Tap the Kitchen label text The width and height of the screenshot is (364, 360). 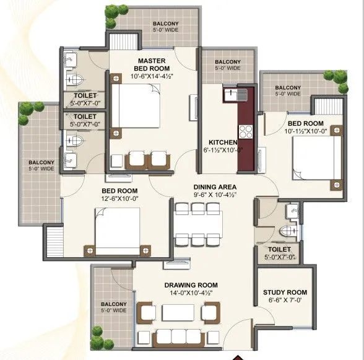219,141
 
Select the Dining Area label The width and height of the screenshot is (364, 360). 215,186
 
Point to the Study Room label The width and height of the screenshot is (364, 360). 285,292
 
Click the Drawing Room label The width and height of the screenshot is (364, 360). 191,285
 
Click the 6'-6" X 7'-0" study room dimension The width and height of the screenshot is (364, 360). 285,301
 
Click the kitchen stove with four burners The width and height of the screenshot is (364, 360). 246,131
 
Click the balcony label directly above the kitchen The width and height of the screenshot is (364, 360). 228,65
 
